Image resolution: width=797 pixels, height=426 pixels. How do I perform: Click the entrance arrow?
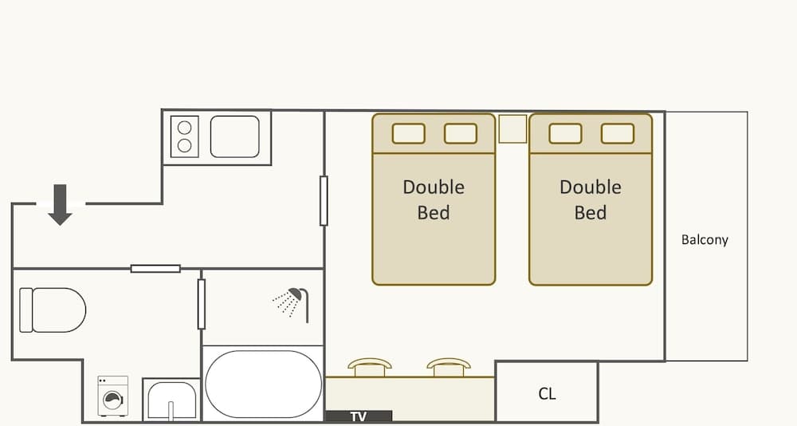pos(60,204)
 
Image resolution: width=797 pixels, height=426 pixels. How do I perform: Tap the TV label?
pos(358,416)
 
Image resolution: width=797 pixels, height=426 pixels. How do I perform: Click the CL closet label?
pos(547,393)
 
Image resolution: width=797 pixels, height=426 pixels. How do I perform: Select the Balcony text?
pos(705,239)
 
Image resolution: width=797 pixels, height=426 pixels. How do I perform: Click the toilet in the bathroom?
pos(52,310)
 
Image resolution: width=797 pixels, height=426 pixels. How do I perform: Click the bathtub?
pos(263,384)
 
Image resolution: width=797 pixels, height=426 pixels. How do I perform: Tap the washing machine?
pos(113,396)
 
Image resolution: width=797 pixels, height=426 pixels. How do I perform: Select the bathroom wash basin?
pos(171,400)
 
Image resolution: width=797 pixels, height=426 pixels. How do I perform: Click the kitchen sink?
pos(234,136)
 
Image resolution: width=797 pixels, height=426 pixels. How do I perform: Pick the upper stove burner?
pos(185,127)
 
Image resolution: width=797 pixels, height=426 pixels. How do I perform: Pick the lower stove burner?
pos(185,145)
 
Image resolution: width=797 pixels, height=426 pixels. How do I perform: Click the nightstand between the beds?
pos(512,129)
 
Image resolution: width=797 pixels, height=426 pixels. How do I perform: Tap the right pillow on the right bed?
pos(618,133)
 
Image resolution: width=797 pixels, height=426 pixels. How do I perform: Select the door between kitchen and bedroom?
pos(324,201)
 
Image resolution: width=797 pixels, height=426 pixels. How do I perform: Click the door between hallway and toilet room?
pos(155,269)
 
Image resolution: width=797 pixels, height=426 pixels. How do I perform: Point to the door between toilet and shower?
pos(202,304)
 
